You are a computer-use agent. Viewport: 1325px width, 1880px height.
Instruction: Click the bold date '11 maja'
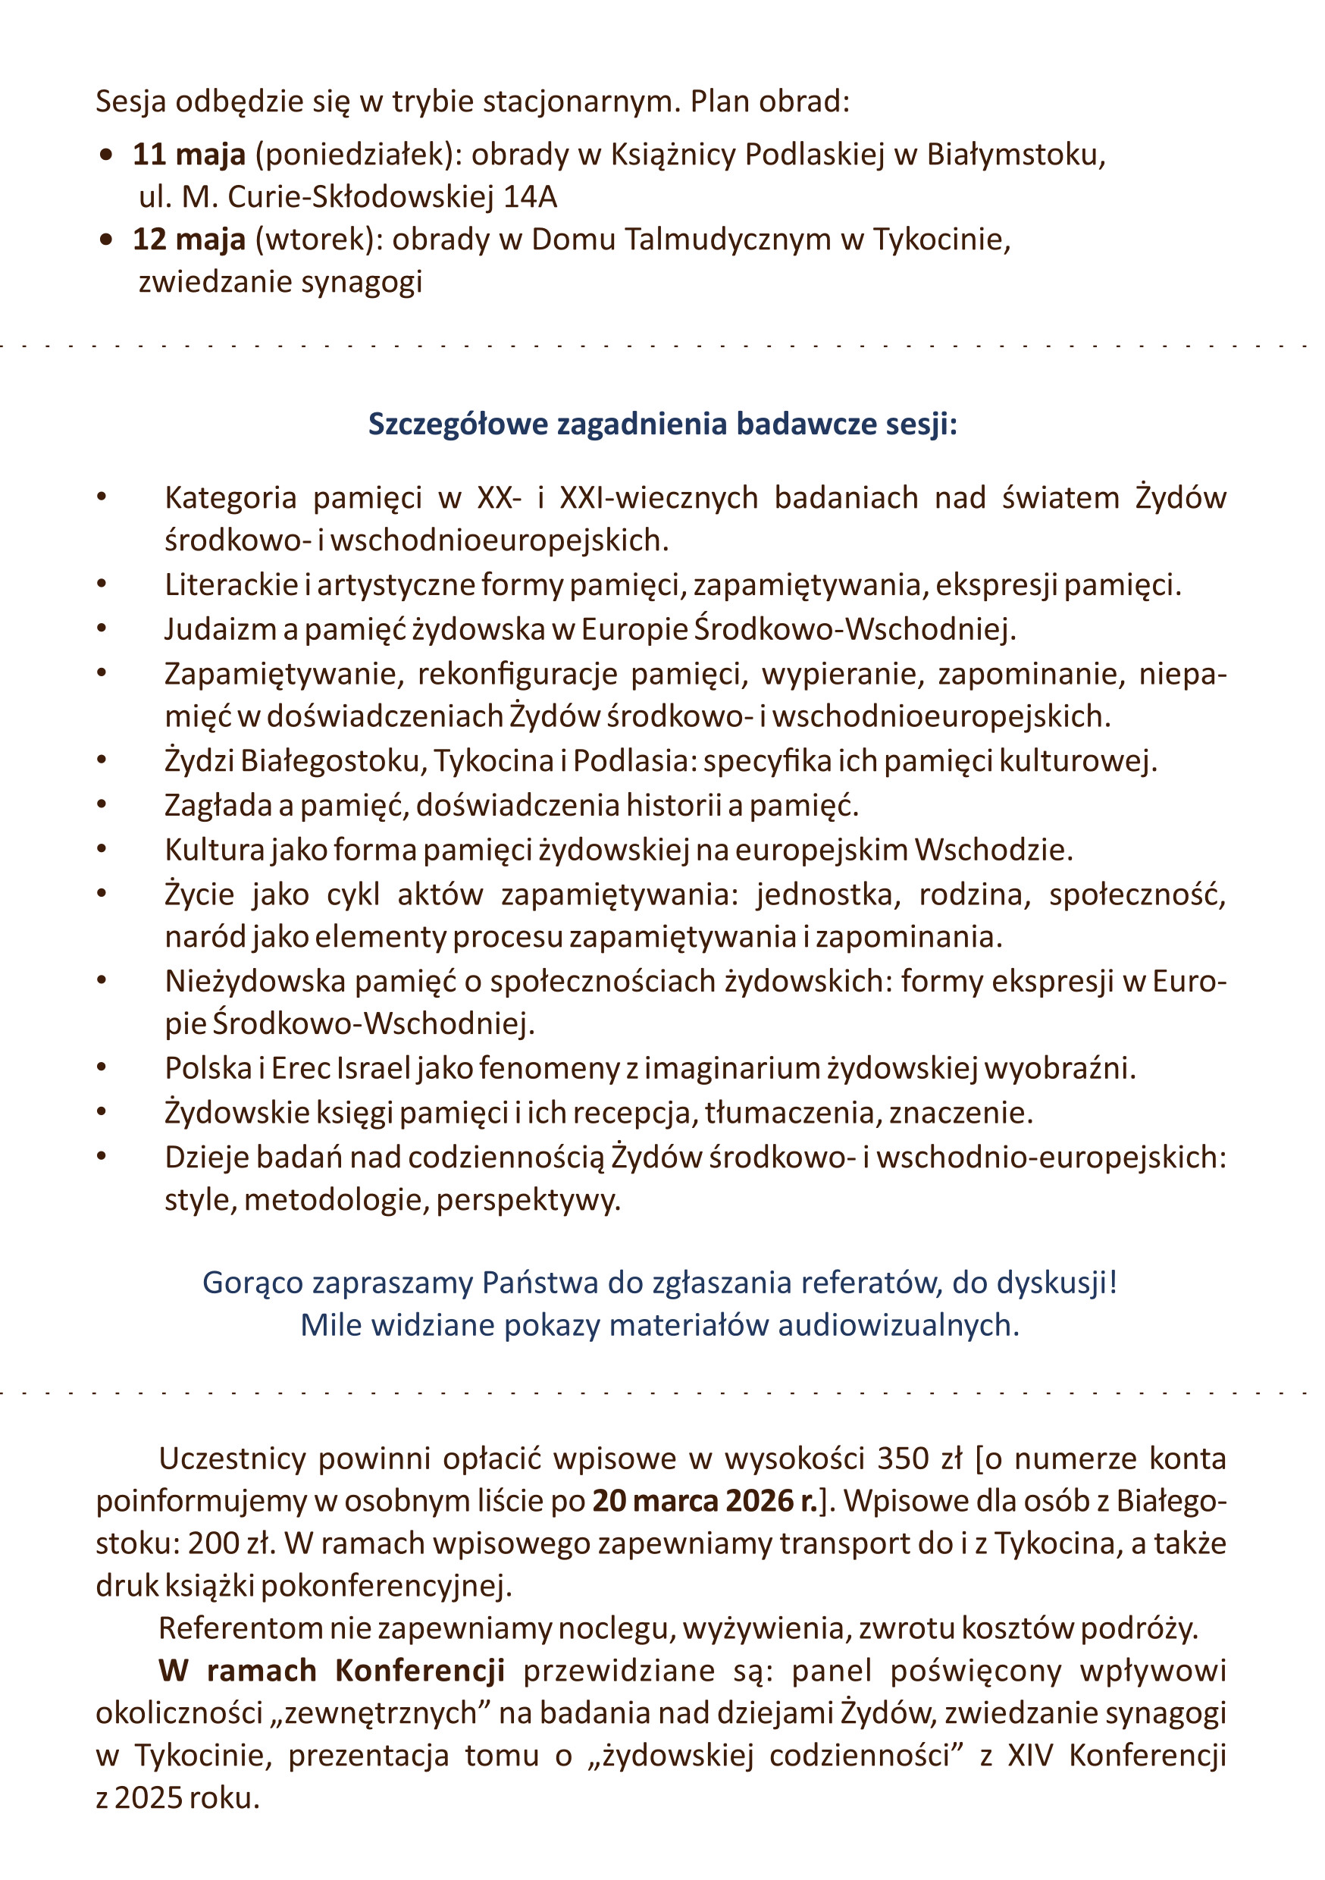(x=188, y=155)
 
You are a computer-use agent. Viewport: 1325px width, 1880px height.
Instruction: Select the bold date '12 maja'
(x=188, y=239)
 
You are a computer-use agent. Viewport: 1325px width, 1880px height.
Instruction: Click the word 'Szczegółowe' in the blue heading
(x=457, y=425)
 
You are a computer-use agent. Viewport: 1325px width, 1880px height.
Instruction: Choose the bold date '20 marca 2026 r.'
(x=704, y=1501)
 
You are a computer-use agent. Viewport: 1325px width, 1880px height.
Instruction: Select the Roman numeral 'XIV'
(x=1030, y=1756)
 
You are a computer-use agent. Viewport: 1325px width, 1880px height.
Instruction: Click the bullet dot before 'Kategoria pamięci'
(x=102, y=497)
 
